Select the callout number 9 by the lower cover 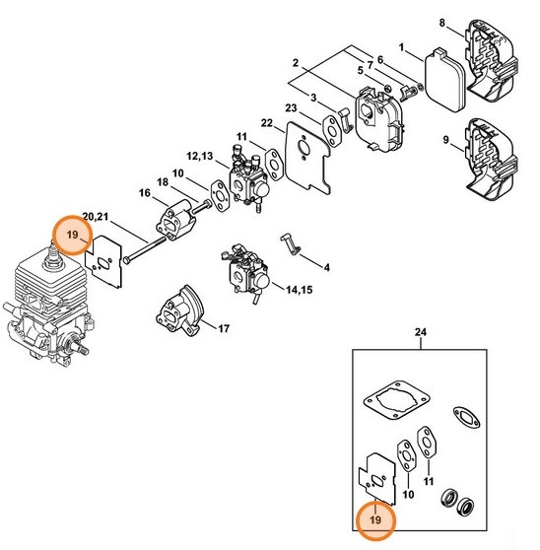[x=445, y=140]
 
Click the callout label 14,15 [x=298, y=291]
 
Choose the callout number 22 [x=266, y=122]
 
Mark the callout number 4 [x=326, y=267]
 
